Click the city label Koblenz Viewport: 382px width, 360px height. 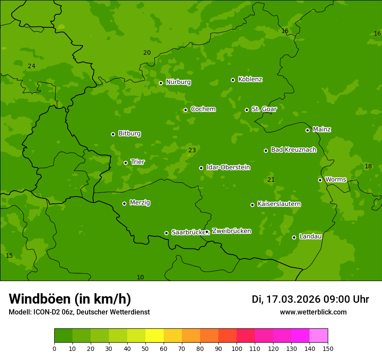(x=250, y=79)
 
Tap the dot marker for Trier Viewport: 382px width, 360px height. (x=126, y=163)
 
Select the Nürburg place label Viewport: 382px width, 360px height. (x=178, y=82)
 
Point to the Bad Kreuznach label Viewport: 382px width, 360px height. (x=293, y=150)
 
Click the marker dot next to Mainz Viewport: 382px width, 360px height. (x=307, y=130)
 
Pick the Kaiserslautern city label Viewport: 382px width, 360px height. (x=279, y=204)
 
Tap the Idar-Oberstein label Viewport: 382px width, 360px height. (x=228, y=167)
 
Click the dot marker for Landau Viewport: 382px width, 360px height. (x=294, y=237)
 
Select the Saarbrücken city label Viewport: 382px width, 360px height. (x=188, y=232)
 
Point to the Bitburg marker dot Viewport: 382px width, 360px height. (x=113, y=134)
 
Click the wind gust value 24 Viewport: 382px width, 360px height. (x=31, y=66)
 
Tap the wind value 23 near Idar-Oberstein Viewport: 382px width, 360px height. (x=192, y=150)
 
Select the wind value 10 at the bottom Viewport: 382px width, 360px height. (x=140, y=277)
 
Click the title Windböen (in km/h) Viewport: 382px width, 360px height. (x=70, y=299)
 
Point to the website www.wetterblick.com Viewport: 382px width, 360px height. (x=313, y=312)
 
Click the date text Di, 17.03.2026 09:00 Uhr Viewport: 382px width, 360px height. (x=310, y=299)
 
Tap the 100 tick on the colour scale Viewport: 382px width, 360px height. (x=237, y=348)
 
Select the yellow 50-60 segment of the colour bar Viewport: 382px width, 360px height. (x=155, y=336)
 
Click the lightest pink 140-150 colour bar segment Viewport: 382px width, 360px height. (x=319, y=336)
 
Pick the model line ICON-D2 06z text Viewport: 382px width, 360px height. (x=79, y=312)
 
